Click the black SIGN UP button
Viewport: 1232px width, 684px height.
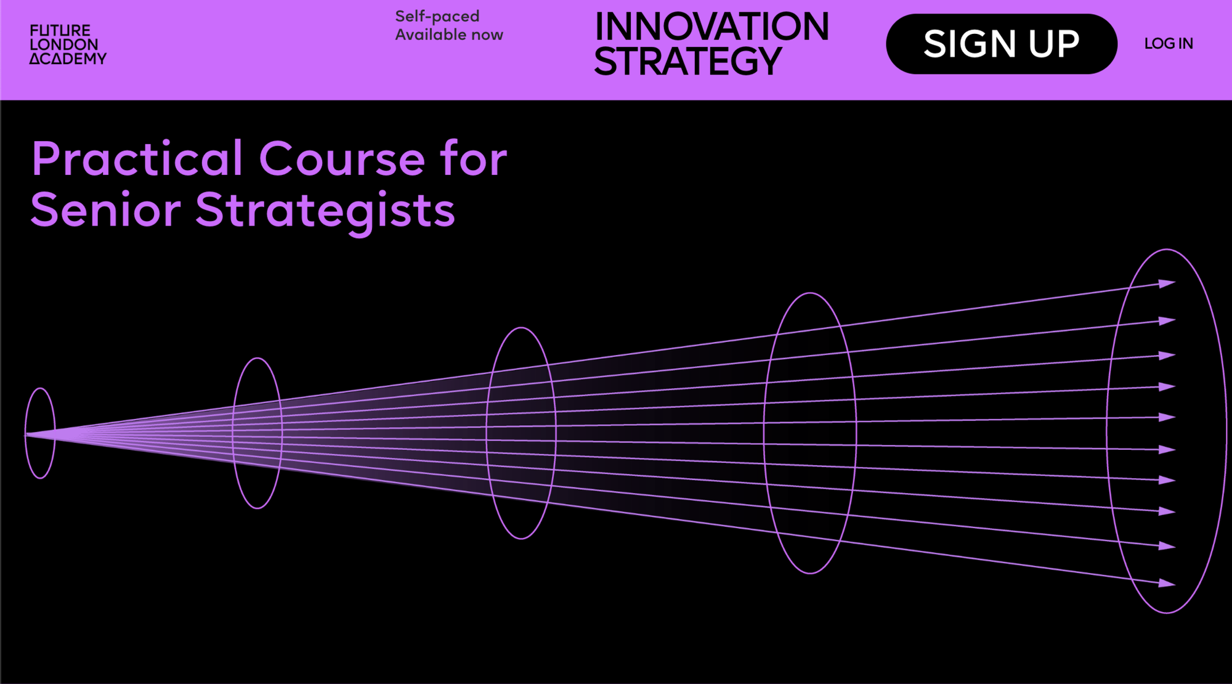point(1001,44)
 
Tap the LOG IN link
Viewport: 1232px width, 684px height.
point(1169,44)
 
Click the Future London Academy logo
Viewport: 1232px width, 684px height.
point(68,44)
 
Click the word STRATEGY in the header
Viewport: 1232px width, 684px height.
point(687,61)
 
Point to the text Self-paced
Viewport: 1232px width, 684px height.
point(437,17)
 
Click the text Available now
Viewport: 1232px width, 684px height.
point(449,35)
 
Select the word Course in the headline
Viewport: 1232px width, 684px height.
point(342,159)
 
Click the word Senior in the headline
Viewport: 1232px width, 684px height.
point(105,210)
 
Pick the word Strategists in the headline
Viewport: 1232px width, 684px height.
point(325,210)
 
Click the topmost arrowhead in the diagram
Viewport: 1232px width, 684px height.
point(1167,283)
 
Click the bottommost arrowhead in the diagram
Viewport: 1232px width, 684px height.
point(1167,583)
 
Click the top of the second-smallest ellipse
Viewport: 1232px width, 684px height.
point(257,358)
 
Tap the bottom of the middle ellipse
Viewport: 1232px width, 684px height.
point(521,539)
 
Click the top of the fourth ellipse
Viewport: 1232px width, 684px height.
point(810,293)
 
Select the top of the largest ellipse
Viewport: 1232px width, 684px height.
point(1167,250)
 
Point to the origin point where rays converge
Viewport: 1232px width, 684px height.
point(26,435)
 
